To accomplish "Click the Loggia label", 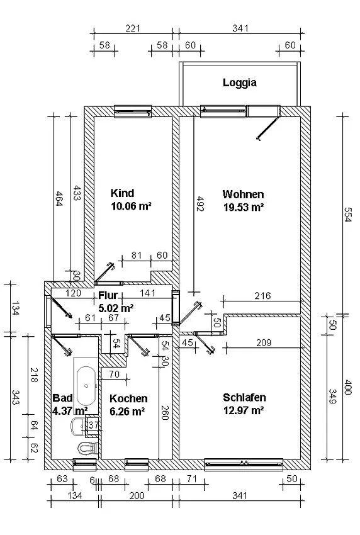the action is [x=240, y=82].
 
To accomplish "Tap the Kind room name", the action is [x=122, y=193].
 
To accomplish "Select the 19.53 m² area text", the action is [x=244, y=207].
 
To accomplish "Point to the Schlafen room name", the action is [x=244, y=398].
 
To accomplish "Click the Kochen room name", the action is [x=128, y=398].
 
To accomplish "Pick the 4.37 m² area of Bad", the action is [x=70, y=410].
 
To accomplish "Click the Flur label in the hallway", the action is [x=108, y=295].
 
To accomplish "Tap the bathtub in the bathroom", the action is [x=86, y=386].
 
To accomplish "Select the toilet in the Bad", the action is [x=87, y=448].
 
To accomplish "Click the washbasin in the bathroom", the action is [x=78, y=426].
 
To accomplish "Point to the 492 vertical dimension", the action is [x=200, y=204].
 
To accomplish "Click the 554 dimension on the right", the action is [x=347, y=215].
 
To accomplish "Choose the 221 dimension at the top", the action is [x=132, y=28].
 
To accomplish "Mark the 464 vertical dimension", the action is [x=59, y=200].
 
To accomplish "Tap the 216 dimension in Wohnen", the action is [x=262, y=295].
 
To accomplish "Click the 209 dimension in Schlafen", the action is [x=264, y=342].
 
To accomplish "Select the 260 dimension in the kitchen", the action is [x=165, y=412].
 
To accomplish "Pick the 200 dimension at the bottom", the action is [x=137, y=495].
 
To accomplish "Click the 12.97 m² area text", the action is [x=244, y=410].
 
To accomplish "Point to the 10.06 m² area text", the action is [x=132, y=206].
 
